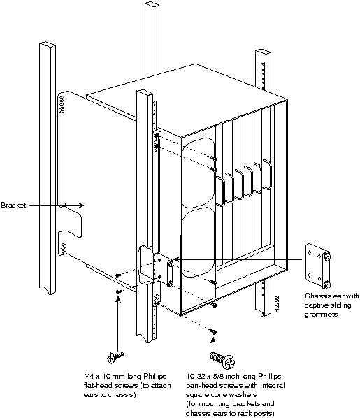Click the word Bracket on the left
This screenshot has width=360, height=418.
[x=13, y=205]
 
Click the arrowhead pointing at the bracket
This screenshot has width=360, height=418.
[x=81, y=206]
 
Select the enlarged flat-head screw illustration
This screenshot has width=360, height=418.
[x=115, y=357]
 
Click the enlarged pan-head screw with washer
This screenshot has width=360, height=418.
[x=222, y=360]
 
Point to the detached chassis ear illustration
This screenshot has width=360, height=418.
[x=318, y=266]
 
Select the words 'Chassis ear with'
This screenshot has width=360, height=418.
[x=332, y=296]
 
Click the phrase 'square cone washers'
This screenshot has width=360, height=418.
[x=221, y=394]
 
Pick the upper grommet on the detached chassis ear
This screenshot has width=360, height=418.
[x=327, y=257]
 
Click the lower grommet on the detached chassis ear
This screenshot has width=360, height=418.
[x=327, y=284]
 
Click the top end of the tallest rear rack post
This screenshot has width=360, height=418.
[x=152, y=3]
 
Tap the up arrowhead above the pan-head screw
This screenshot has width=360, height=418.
[x=213, y=340]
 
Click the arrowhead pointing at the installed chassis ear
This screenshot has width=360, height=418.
[x=177, y=259]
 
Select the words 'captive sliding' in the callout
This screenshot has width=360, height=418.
[x=327, y=305]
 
